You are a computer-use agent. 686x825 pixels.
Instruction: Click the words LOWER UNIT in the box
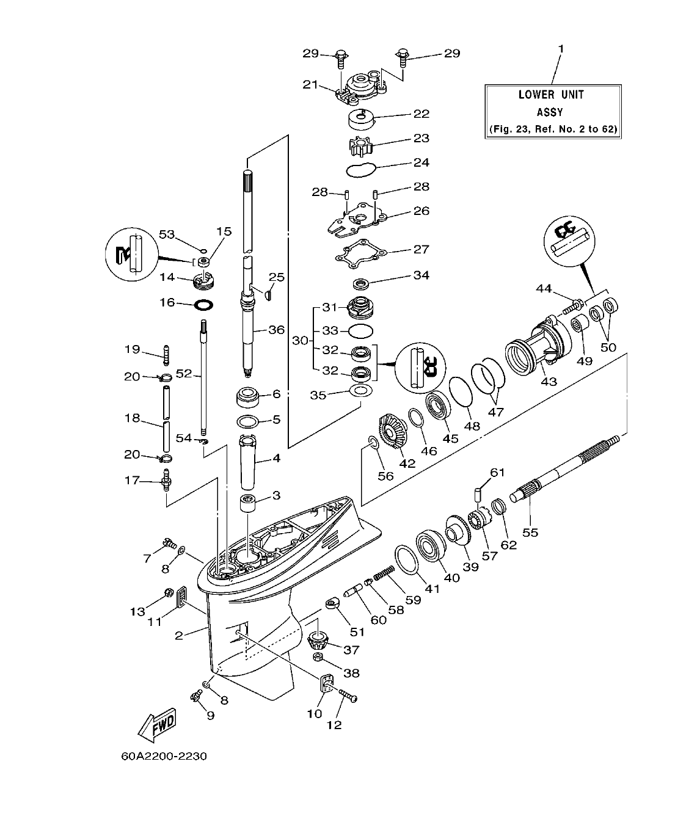point(551,95)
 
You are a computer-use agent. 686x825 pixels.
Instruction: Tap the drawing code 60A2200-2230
point(164,757)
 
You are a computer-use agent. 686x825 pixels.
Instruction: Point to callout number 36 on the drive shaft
point(276,330)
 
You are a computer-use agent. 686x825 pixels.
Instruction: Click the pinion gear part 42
point(389,433)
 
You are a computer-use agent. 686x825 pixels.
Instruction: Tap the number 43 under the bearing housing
point(548,382)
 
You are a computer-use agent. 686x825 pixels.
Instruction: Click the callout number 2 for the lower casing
point(178,636)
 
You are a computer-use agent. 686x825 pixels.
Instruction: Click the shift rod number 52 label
point(184,374)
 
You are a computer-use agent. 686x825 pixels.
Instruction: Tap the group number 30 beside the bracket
point(299,340)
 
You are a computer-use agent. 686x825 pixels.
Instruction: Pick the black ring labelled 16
point(203,303)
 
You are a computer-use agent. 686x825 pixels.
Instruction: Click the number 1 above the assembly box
point(561,48)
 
